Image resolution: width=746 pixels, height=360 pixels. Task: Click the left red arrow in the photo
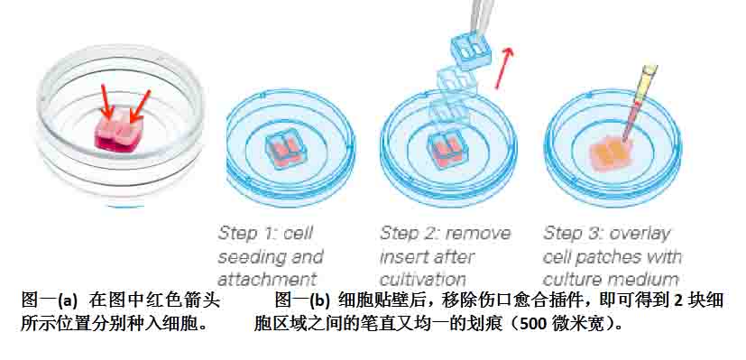(106, 101)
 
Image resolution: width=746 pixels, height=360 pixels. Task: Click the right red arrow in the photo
(141, 106)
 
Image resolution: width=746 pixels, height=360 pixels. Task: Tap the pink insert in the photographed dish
(118, 129)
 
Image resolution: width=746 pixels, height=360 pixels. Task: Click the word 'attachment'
(267, 279)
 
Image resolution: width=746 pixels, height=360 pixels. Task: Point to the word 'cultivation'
(423, 279)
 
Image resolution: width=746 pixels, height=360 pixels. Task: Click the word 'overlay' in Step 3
(640, 234)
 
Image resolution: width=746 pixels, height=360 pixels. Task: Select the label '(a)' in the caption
(68, 301)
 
